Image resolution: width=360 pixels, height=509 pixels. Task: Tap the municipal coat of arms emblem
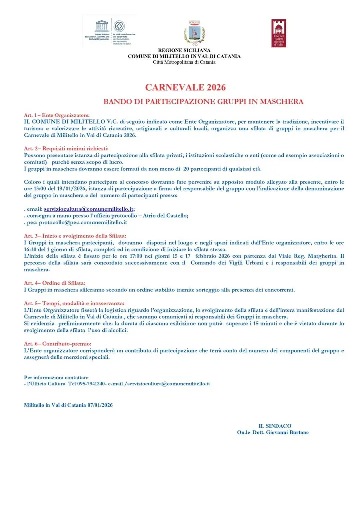click(x=194, y=33)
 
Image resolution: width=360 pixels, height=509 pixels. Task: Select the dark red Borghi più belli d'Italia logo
click(x=279, y=33)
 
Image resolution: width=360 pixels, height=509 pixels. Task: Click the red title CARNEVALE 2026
click(x=185, y=88)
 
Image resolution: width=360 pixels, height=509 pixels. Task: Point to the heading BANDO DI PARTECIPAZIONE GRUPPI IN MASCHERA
click(x=203, y=102)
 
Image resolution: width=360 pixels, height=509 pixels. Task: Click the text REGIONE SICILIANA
click(x=184, y=51)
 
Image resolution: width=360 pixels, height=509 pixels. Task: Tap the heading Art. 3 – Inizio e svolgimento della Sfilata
click(x=75, y=235)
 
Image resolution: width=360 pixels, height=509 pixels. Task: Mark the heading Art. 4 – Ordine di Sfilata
click(x=55, y=282)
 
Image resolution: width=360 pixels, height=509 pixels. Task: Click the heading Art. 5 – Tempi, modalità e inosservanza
click(x=74, y=303)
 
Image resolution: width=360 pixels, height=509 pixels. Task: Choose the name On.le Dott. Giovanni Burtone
click(x=273, y=432)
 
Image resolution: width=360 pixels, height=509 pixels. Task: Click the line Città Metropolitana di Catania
click(x=184, y=62)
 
